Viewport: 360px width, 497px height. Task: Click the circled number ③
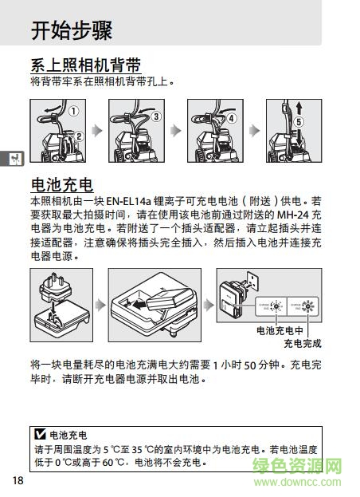tap(155, 116)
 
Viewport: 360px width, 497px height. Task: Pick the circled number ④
tap(232, 116)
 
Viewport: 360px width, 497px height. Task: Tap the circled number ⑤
tap(298, 122)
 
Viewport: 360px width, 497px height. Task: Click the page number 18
tap(18, 479)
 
